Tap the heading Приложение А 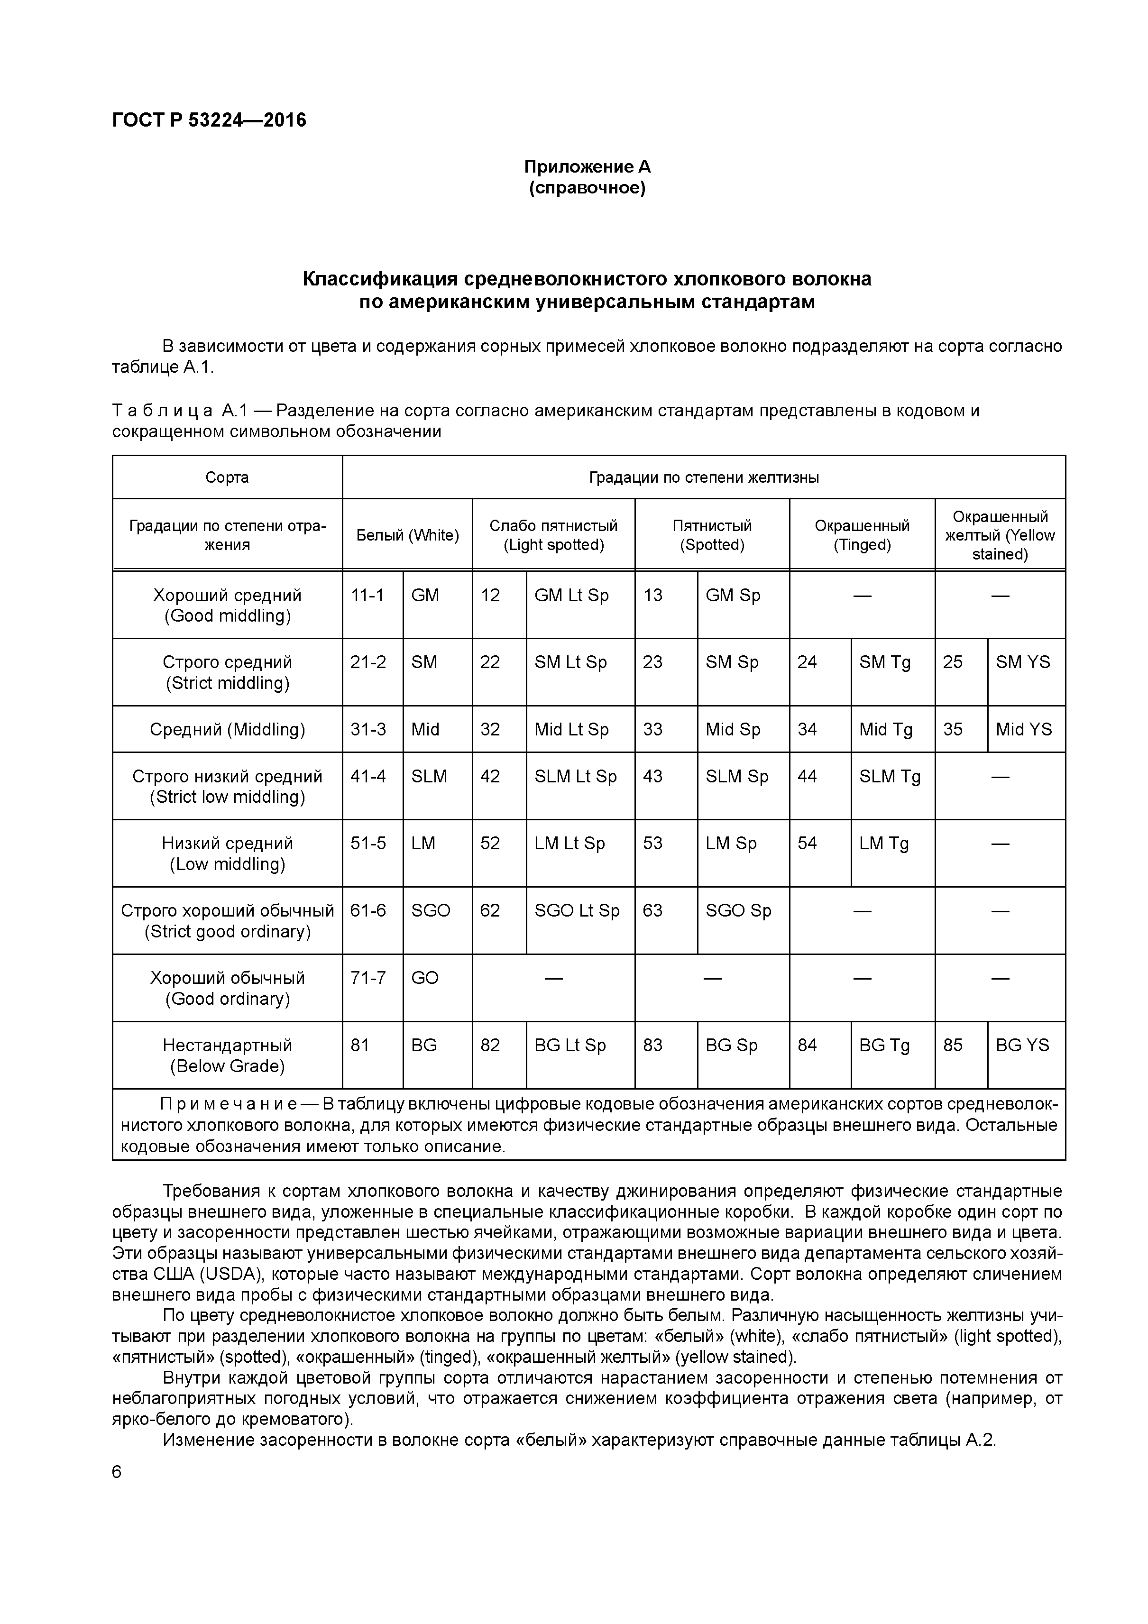587,167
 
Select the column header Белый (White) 407,535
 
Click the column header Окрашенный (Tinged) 862,535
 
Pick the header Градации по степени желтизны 704,477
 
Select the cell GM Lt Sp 571,596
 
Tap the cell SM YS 1023,663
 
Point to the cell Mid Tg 886,730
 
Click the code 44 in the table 807,777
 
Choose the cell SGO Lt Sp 577,911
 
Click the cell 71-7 368,978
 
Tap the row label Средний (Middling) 227,730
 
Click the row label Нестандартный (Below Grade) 227,1056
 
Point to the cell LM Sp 731,844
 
